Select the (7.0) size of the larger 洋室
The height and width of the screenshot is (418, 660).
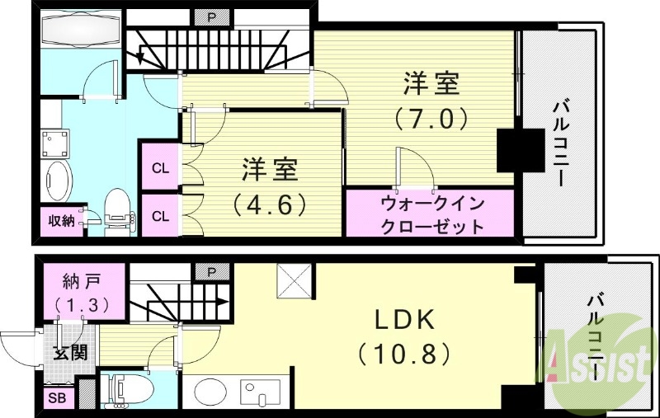point(431,117)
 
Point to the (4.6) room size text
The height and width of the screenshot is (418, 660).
point(269,202)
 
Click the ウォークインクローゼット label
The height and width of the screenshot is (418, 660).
point(431,214)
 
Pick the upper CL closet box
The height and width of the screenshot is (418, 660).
point(160,168)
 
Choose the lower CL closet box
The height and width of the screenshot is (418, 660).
point(160,216)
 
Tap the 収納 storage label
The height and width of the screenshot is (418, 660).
point(61,221)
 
